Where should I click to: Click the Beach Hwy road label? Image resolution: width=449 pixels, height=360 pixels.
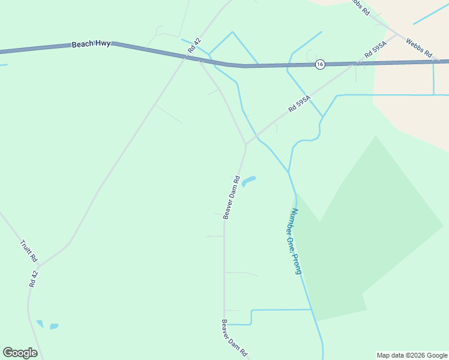(91, 44)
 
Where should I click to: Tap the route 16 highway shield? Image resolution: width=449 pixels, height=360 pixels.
(321, 64)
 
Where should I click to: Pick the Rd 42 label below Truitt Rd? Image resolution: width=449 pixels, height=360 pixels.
(34, 278)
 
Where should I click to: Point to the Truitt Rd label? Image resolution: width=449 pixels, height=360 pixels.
(29, 251)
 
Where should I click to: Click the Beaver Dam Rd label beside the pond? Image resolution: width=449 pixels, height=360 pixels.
(232, 197)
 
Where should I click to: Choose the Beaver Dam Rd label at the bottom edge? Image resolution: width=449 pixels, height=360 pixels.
(234, 338)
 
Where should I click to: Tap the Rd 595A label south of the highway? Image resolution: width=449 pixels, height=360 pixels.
(300, 103)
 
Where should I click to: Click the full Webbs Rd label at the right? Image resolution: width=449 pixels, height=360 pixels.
(419, 47)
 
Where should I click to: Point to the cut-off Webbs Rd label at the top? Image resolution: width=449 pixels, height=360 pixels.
(360, 7)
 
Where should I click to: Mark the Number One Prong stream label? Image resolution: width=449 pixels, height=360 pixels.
(296, 241)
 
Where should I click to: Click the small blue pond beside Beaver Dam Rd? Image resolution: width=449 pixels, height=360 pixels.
(249, 180)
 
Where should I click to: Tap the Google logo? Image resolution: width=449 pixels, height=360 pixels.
(20, 353)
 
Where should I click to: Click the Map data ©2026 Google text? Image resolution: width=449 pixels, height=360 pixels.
(411, 355)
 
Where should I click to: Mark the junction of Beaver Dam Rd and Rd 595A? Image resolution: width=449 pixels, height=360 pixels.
(246, 145)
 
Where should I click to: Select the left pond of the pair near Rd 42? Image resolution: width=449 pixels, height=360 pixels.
(40, 324)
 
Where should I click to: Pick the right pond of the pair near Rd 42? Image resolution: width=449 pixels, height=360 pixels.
(54, 326)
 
